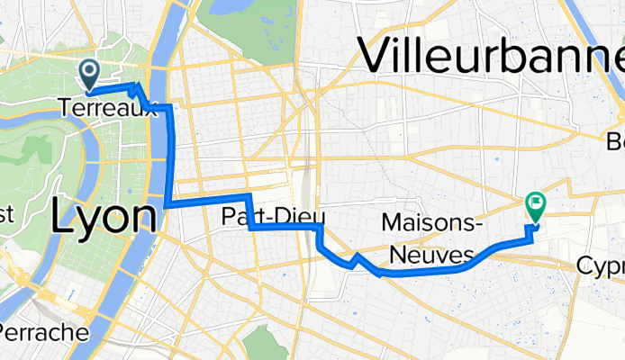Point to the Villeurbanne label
[x=492, y=56]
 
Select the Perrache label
[x=43, y=332]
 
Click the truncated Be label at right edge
[x=615, y=141]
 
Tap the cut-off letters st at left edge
[x=7, y=214]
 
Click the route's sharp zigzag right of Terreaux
[x=136, y=88]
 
